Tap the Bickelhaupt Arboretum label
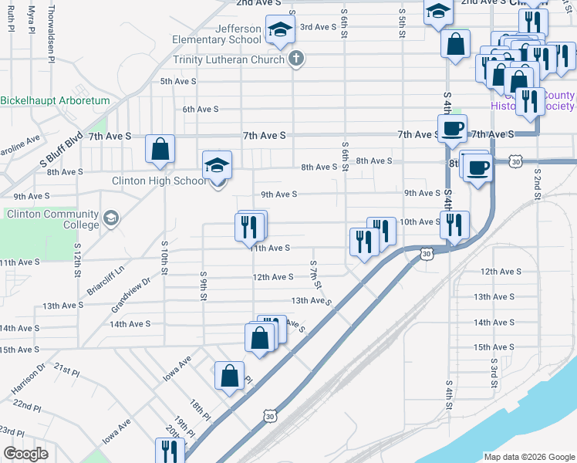click(56, 100)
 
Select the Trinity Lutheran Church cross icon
click(296, 59)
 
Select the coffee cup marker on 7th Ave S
click(452, 127)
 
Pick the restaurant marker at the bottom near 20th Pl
click(169, 451)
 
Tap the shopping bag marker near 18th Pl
click(230, 376)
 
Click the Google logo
click(26, 454)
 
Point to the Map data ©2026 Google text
click(528, 456)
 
